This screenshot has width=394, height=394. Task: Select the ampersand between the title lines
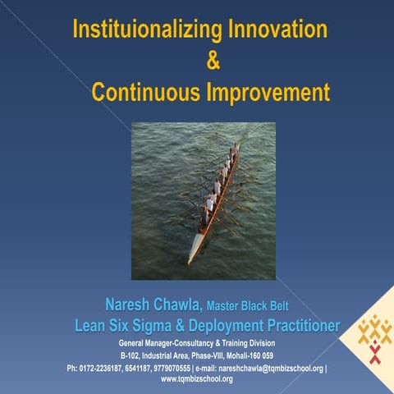[212, 61]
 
